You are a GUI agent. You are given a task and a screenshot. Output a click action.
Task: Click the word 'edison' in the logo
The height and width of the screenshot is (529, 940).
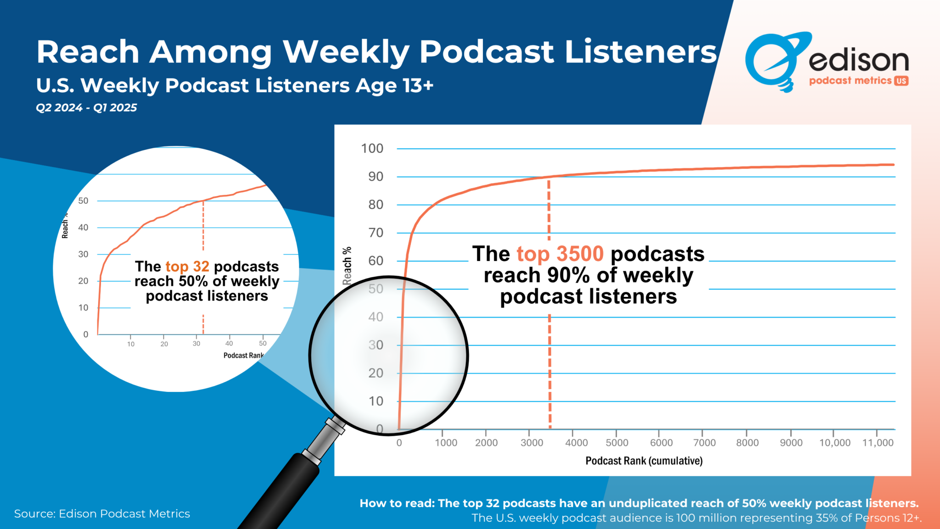pyautogui.click(x=858, y=60)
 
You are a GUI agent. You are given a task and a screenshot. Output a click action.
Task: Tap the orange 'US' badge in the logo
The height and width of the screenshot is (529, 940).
pyautogui.click(x=901, y=81)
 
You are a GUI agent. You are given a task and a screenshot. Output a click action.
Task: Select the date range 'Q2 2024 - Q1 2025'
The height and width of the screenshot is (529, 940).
pyautogui.click(x=86, y=108)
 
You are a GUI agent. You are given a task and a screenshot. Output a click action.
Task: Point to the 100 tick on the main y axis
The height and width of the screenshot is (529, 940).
pyautogui.click(x=372, y=149)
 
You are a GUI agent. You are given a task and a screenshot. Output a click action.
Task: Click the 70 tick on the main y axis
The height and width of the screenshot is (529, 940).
pyautogui.click(x=375, y=233)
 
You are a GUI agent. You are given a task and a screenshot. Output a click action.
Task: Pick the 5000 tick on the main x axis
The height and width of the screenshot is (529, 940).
pyautogui.click(x=616, y=443)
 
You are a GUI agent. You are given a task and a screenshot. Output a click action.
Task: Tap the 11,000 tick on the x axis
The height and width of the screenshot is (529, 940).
pyautogui.click(x=878, y=443)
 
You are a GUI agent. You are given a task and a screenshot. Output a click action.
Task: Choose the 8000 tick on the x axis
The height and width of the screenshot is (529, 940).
pyautogui.click(x=747, y=443)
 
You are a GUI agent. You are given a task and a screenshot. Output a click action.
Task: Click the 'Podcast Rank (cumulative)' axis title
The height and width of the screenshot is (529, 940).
pyautogui.click(x=643, y=461)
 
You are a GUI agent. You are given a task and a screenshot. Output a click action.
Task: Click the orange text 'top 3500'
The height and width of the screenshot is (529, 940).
pyautogui.click(x=560, y=254)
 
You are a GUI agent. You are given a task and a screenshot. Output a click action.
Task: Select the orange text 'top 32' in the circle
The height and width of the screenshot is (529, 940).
pyautogui.click(x=187, y=267)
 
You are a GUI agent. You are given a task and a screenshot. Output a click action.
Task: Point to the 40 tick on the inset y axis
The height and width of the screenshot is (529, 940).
pyautogui.click(x=83, y=228)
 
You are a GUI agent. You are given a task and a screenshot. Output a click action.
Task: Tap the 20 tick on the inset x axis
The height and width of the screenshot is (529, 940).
pyautogui.click(x=164, y=344)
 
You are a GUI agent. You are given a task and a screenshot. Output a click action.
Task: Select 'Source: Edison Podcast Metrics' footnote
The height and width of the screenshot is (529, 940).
pyautogui.click(x=102, y=514)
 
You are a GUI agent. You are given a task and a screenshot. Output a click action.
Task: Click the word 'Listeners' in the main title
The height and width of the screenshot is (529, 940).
pyautogui.click(x=640, y=51)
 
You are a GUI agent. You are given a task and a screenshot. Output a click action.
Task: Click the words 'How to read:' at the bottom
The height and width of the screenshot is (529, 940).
pyautogui.click(x=397, y=503)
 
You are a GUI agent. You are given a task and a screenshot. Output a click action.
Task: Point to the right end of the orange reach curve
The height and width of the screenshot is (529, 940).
pyautogui.click(x=893, y=165)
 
